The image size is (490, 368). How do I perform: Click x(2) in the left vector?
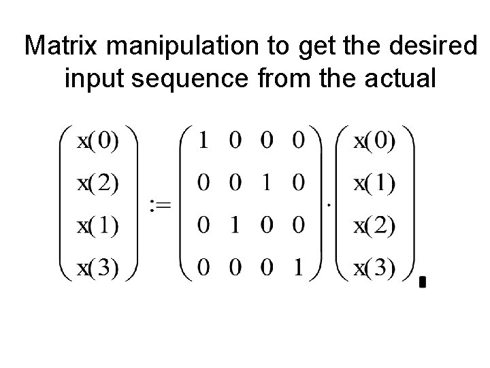pos(97,184)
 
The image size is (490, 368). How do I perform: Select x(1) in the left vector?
pos(97,226)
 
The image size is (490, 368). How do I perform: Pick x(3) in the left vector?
pos(97,268)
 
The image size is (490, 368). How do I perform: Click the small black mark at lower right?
pos(423,281)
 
